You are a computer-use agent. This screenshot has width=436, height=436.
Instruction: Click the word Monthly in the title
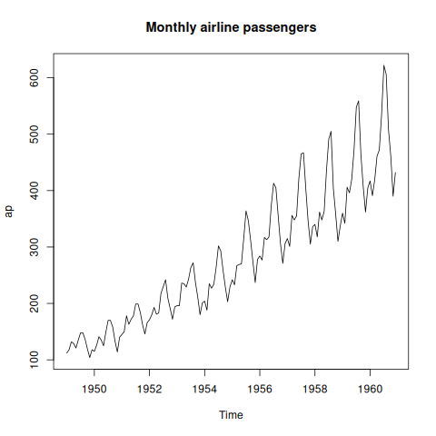171,27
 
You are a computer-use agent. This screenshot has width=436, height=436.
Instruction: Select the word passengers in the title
280,28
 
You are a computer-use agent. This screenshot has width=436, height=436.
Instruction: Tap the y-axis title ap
9,211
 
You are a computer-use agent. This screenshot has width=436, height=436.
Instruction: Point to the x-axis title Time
231,415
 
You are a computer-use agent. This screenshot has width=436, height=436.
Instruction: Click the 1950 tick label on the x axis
94,389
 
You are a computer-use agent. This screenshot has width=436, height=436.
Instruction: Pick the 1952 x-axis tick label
149,389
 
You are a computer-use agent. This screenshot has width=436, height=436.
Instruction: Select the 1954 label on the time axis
204,389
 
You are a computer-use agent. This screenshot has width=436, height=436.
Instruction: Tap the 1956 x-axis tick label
260,389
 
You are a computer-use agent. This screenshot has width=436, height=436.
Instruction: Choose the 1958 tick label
315,389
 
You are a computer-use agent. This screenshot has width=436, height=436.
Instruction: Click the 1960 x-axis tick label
370,389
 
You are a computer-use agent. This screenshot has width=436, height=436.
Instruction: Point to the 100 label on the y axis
35,360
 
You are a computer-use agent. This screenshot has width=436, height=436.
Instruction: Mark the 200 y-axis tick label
35,303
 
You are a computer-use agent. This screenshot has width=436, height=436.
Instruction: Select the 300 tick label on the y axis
35,247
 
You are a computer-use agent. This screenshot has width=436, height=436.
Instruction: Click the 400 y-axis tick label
35,191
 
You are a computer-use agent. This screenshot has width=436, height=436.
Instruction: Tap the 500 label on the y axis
35,134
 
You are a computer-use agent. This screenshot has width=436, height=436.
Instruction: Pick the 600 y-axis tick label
35,77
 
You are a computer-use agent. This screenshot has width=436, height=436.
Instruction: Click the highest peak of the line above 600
383,65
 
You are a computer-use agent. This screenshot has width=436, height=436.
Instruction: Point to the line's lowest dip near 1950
89,357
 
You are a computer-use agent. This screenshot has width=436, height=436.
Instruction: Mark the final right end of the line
395,173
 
